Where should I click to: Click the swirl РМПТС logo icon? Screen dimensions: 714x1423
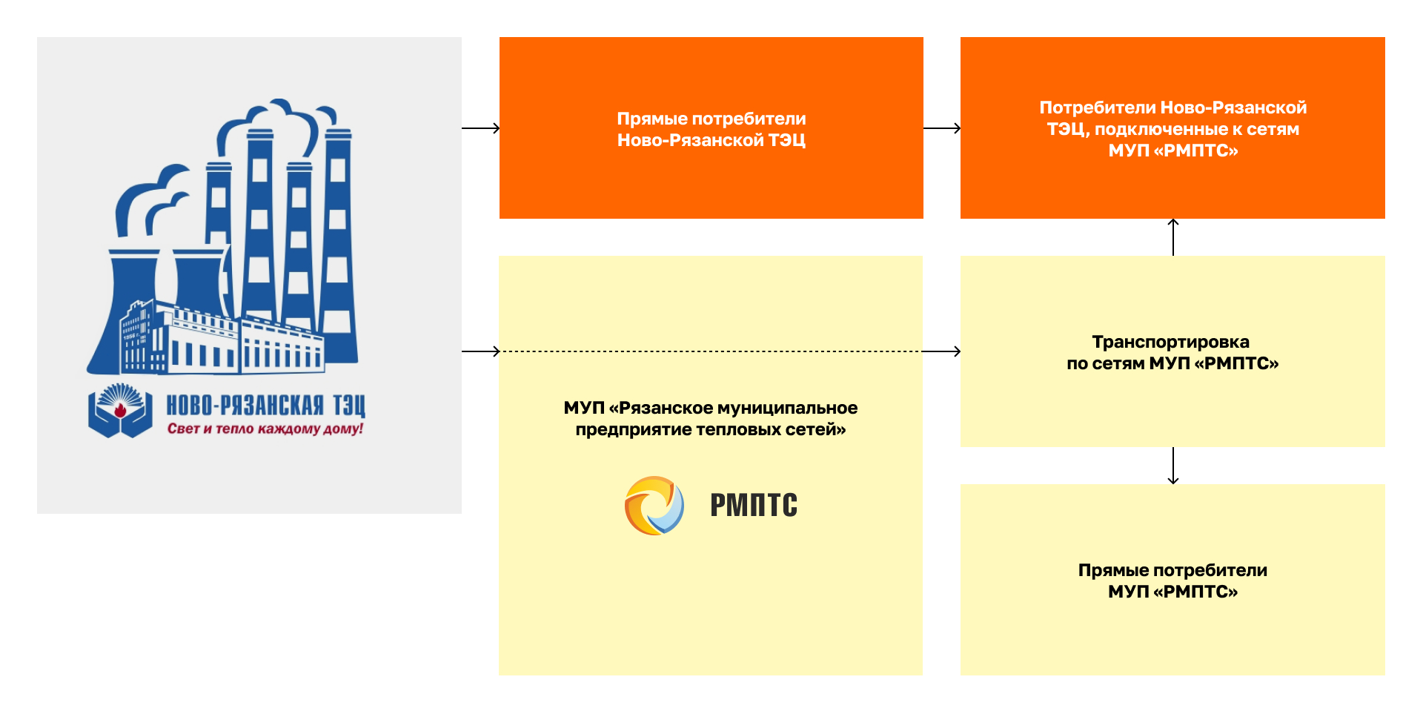click(x=654, y=506)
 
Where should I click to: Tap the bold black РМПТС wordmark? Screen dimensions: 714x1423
click(x=753, y=506)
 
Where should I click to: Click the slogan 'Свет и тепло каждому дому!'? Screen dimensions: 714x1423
click(x=265, y=429)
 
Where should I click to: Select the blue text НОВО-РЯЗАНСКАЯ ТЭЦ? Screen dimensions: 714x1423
click(x=265, y=405)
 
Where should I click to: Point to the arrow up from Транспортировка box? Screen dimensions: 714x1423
click(x=1172, y=237)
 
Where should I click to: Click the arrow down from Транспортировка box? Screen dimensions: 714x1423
click(x=1172, y=466)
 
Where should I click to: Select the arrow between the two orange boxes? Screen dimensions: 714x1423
click(x=942, y=128)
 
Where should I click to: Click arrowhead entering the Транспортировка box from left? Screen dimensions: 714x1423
click(x=955, y=351)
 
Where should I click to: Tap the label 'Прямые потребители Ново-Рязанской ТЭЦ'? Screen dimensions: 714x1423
click(x=711, y=129)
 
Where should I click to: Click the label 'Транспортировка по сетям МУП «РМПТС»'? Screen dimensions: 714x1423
click(x=1172, y=352)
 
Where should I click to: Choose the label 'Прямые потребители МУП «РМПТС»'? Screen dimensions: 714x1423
click(x=1172, y=581)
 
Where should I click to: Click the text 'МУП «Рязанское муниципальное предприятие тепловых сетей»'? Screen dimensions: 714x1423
click(x=710, y=418)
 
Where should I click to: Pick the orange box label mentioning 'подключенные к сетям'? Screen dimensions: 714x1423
click(x=1172, y=129)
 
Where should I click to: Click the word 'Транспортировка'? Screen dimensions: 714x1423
click(x=1170, y=342)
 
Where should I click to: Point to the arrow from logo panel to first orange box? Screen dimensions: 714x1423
click(x=480, y=128)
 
